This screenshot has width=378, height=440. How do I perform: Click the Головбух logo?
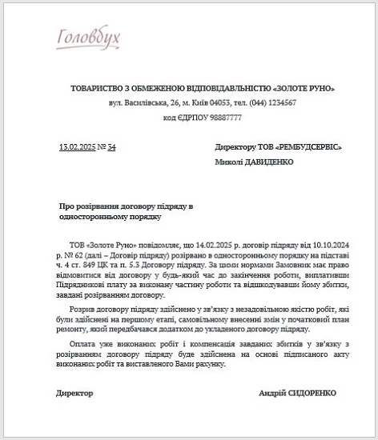(x=90, y=37)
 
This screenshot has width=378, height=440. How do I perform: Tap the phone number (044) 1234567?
(x=265, y=102)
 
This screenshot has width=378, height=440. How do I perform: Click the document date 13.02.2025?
(x=77, y=147)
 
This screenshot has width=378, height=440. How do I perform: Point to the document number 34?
(x=112, y=147)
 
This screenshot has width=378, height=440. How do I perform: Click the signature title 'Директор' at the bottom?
(x=74, y=394)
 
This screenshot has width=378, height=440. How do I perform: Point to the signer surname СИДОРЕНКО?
(x=309, y=394)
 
